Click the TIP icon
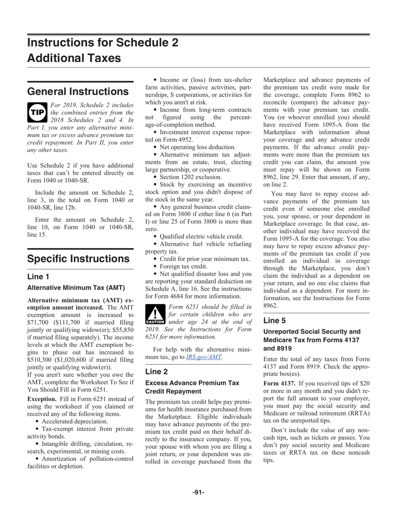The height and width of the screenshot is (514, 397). tap(38, 111)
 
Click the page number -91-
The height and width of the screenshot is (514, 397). tap(198, 492)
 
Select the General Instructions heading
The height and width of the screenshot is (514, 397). tap(78, 92)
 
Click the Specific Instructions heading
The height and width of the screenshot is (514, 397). tap(78, 259)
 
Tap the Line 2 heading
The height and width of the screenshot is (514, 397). tap(156, 372)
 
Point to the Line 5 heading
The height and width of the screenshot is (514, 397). tap(275, 321)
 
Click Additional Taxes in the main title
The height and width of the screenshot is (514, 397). tap(74, 58)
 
